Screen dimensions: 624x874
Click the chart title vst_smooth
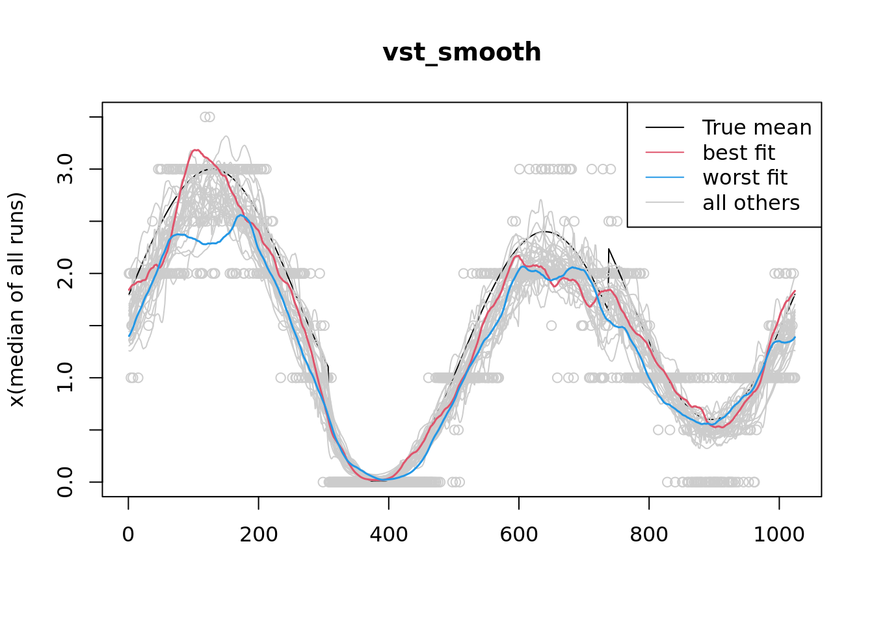click(x=462, y=53)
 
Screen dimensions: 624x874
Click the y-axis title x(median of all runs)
click(x=16, y=300)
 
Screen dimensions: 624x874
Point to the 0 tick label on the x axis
click(x=128, y=534)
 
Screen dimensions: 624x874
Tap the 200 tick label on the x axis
click(x=258, y=534)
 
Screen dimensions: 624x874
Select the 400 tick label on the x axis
click(x=388, y=534)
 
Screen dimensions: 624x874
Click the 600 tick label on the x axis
click(x=518, y=534)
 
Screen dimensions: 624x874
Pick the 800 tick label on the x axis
click(x=648, y=534)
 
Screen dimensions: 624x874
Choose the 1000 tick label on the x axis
click(x=778, y=534)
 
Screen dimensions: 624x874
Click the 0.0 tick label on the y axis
click(x=65, y=482)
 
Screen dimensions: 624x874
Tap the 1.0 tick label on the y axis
click(x=65, y=378)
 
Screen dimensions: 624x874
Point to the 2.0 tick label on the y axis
click(x=65, y=274)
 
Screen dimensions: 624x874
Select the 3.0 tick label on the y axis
click(x=65, y=169)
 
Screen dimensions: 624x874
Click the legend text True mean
click(x=757, y=127)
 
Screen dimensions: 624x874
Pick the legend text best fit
click(x=739, y=153)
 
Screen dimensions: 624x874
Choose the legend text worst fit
click(x=745, y=177)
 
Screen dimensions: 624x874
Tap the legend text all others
click(x=751, y=203)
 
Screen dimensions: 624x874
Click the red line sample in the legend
click(x=665, y=153)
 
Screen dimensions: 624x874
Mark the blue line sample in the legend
click(x=665, y=177)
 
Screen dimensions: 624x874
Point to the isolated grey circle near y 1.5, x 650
click(x=551, y=326)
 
